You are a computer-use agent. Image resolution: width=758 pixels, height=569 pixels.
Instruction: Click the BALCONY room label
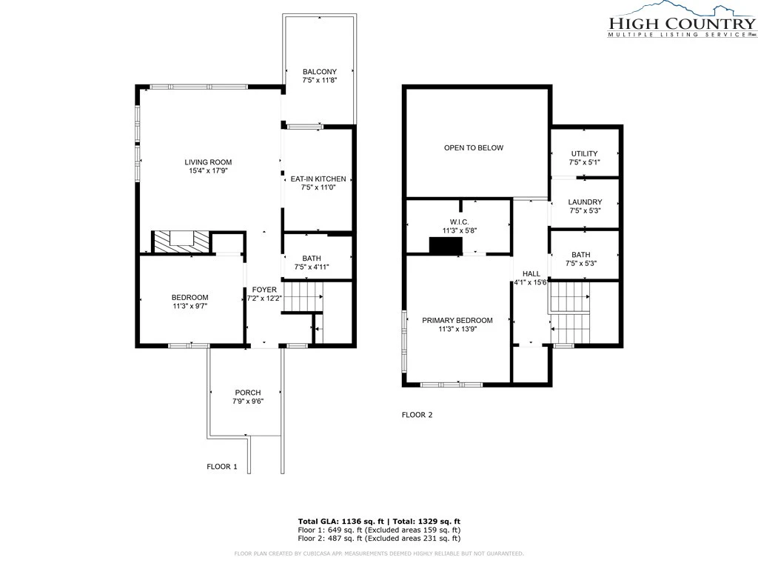pos(320,72)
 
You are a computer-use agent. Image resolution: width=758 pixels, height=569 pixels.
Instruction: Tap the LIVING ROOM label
pos(208,162)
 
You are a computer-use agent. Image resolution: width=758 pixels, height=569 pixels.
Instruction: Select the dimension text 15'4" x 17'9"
pos(208,171)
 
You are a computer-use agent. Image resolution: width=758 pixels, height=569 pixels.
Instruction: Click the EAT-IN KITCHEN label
pos(318,179)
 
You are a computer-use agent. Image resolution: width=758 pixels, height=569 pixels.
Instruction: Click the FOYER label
pos(264,290)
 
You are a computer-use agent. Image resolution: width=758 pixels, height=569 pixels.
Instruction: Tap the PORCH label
pos(248,393)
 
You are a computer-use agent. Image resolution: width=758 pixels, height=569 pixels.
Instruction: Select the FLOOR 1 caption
pos(222,467)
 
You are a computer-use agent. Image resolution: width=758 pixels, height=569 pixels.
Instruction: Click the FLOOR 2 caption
pos(417,415)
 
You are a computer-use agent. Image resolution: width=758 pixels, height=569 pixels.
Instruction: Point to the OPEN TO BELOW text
pos(474,148)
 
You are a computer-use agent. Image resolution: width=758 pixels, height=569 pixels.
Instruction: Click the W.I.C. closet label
pos(459,222)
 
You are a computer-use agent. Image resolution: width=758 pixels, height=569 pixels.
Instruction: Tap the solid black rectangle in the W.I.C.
pos(446,245)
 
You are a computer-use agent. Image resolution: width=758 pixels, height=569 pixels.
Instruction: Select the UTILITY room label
pos(585,154)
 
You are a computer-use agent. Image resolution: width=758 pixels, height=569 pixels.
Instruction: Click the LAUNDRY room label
pos(585,202)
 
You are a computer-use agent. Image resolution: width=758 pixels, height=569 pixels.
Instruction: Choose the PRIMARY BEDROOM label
pos(457,320)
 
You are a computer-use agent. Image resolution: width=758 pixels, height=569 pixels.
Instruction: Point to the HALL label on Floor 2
pos(531,274)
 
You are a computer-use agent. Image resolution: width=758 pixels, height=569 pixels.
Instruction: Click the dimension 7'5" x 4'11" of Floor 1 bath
pos(312,267)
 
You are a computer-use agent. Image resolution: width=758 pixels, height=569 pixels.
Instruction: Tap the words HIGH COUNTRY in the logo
pos(682,23)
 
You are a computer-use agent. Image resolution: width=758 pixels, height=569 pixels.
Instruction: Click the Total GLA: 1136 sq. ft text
pos(341,522)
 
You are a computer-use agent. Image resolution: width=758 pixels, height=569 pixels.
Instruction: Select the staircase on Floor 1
pos(302,297)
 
